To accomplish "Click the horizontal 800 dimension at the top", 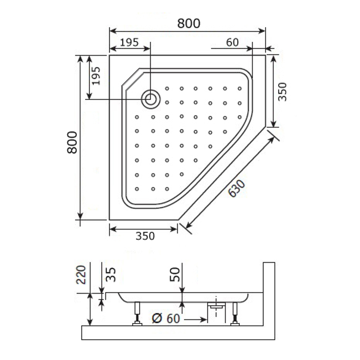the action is [189, 23].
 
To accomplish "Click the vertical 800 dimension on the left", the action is [72, 142].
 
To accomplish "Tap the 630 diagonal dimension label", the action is [237, 189].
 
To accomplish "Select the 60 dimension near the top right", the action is [232, 42].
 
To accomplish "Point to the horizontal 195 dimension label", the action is [130, 42].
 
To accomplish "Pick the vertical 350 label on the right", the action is [282, 91].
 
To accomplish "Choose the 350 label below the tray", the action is [145, 236].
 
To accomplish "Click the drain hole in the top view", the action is [150, 99].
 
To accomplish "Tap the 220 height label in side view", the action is [81, 275].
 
